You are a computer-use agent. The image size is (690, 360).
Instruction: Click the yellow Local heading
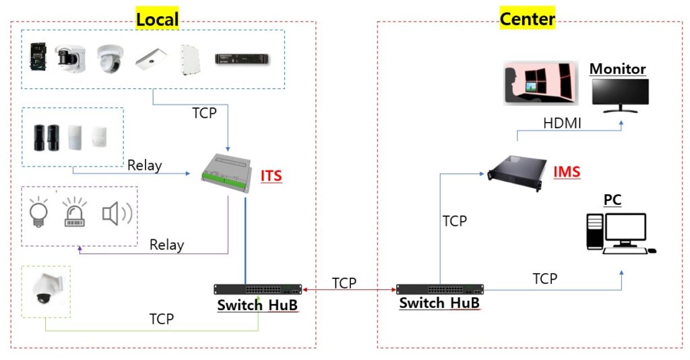[x=157, y=19]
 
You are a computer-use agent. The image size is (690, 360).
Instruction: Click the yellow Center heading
[x=527, y=18]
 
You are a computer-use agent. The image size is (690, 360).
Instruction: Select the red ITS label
[x=271, y=177]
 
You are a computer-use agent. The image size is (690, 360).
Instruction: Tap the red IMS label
[x=566, y=172]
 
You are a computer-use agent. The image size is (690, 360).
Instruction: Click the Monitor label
[x=617, y=69]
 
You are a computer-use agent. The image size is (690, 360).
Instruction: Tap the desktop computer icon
[x=620, y=233]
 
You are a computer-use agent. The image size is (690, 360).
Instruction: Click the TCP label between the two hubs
[x=344, y=283]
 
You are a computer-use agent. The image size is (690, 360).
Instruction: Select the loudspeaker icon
[x=116, y=213]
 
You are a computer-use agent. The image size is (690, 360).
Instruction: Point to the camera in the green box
[x=47, y=291]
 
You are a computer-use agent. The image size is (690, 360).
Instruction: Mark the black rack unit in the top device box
[x=244, y=59]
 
